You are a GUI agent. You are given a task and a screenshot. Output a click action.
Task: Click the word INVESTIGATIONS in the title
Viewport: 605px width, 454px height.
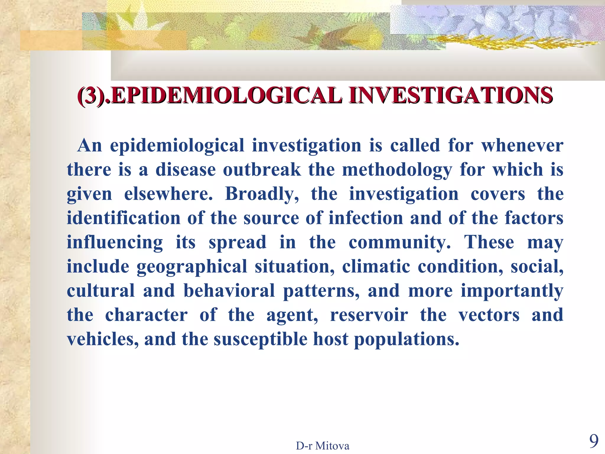450,95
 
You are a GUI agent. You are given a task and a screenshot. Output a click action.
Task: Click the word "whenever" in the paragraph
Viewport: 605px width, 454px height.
522,145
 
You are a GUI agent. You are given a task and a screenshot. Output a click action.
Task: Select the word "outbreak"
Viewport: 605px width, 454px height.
262,170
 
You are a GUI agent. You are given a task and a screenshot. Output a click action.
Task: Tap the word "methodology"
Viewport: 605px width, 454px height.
397,170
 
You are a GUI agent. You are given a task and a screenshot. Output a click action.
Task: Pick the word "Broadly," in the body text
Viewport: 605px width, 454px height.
262,194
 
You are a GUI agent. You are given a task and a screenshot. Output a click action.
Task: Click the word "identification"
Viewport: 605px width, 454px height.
123,218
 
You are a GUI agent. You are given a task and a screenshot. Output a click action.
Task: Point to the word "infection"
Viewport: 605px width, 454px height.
366,218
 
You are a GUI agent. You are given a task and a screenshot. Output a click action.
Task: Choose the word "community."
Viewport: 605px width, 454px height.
400,243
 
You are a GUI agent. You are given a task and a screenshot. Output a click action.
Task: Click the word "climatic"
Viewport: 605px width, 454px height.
376,266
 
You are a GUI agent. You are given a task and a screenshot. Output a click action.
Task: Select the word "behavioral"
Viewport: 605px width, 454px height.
229,291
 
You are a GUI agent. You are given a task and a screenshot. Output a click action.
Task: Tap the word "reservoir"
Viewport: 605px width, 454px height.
369,315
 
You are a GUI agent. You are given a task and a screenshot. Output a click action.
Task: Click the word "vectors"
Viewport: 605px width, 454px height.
489,315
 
